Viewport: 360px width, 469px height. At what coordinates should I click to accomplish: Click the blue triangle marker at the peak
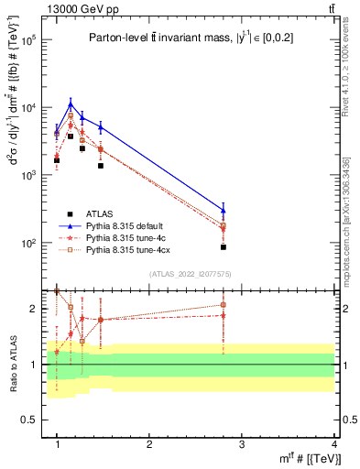pos(71,103)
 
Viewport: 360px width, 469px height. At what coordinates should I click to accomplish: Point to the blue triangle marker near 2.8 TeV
pos(224,210)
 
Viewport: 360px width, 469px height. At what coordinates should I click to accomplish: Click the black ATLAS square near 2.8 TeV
pos(224,247)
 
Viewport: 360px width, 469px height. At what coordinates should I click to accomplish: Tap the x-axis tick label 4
pos(334,444)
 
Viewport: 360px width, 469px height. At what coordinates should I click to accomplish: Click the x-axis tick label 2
pos(149,444)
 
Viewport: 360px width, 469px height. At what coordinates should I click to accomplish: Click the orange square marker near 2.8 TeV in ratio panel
pos(224,305)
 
